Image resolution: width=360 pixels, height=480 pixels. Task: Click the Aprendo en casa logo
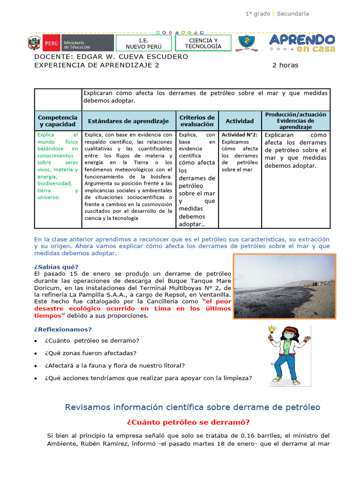(x=302, y=43)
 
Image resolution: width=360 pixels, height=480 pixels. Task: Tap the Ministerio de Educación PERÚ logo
(x=70, y=43)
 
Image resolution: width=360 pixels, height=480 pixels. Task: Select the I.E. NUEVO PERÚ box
(x=143, y=43)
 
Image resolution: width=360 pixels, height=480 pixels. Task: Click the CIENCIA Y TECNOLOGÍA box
(x=203, y=43)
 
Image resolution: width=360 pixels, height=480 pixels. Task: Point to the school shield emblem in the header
(x=247, y=43)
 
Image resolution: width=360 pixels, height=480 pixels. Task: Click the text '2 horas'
(x=285, y=65)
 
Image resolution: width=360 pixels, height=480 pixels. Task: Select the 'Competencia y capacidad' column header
(x=58, y=121)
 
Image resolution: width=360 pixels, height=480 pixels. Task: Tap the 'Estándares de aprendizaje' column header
(x=128, y=121)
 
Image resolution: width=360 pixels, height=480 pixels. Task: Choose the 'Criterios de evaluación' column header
(x=197, y=121)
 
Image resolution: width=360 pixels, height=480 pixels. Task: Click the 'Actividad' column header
(x=240, y=121)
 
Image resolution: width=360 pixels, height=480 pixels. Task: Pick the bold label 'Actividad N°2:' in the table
(x=239, y=135)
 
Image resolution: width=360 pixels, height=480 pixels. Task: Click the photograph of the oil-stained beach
(x=285, y=287)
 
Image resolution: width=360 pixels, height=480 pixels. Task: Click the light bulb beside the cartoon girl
(x=271, y=330)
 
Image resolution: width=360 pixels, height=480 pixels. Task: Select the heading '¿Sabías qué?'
(x=52, y=267)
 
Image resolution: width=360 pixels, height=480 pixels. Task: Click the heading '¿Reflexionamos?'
(x=63, y=329)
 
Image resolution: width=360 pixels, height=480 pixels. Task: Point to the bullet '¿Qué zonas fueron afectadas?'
(x=91, y=353)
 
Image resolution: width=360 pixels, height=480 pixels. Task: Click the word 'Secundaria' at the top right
(x=293, y=14)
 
